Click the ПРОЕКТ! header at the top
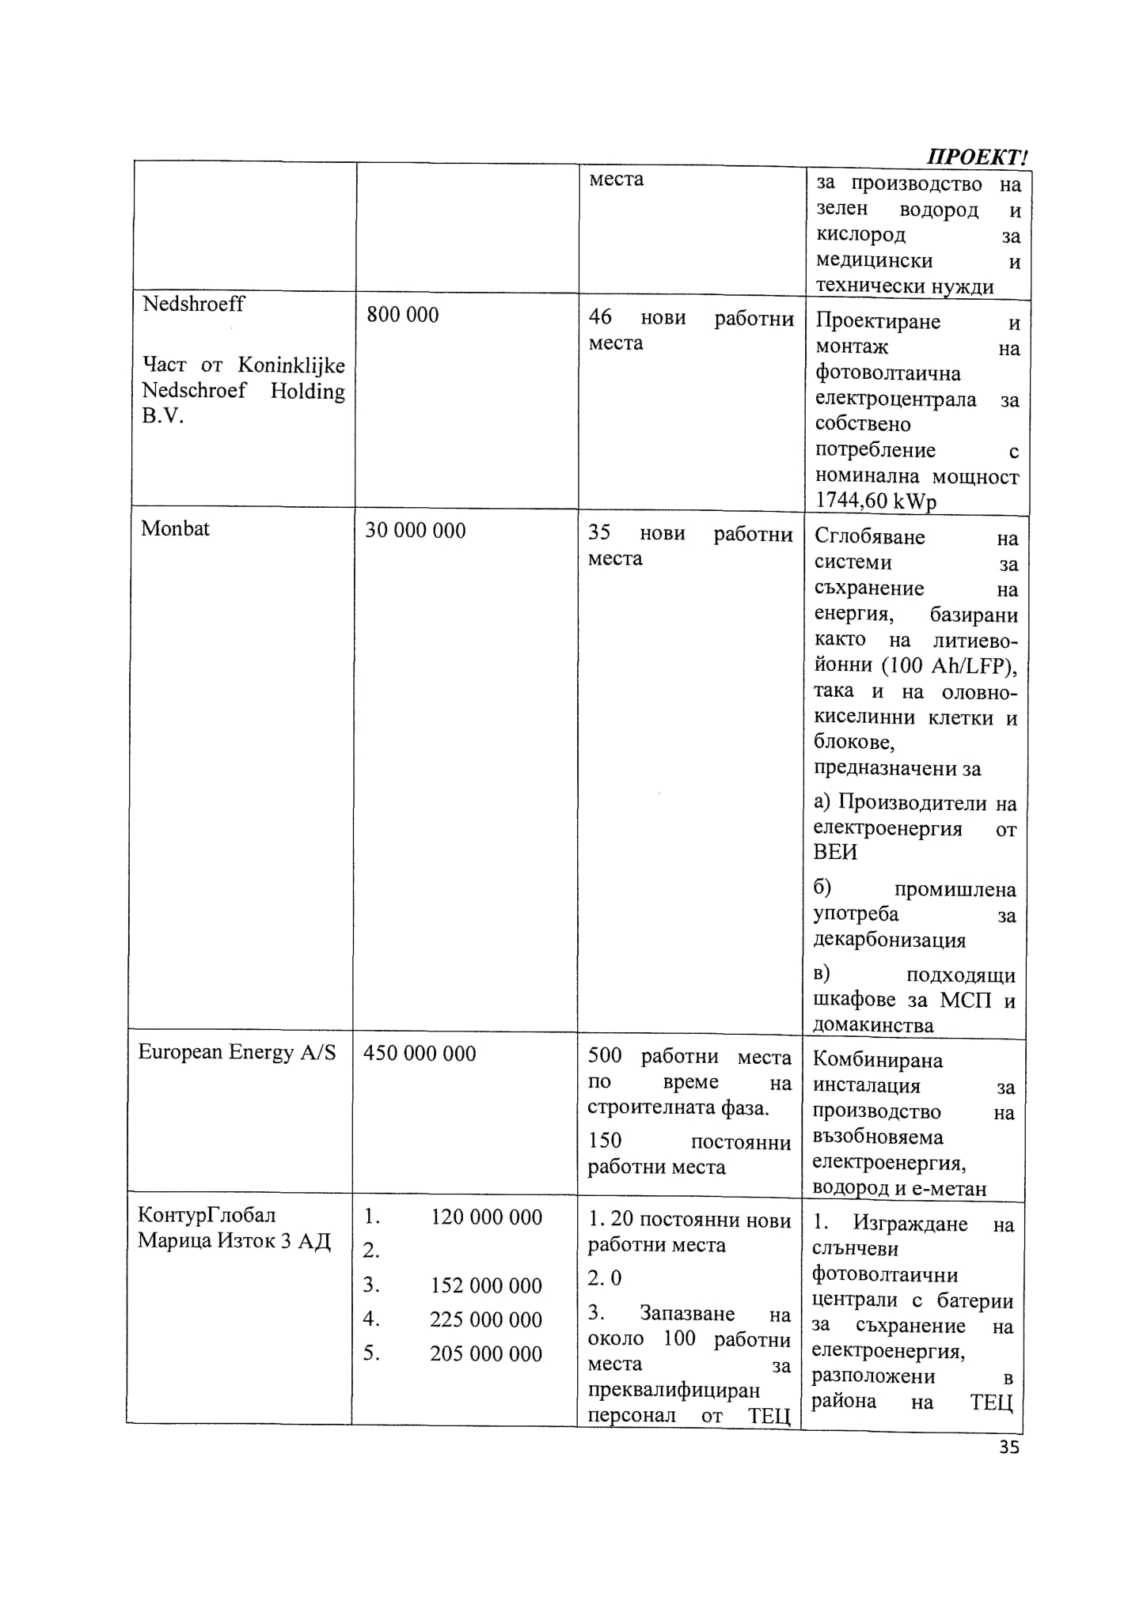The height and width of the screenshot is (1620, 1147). coord(978,156)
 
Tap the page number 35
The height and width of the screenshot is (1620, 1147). coord(1008,1448)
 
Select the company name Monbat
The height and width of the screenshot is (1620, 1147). coord(175,528)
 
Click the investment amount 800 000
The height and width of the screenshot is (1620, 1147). coord(402,315)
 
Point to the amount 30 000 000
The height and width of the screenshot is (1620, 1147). coord(415,530)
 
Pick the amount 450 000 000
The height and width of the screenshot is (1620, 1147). coord(420,1054)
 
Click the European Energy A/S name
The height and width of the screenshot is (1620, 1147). coord(237,1052)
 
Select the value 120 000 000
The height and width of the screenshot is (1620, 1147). coord(486,1217)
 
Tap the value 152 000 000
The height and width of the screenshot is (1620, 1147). coord(486,1285)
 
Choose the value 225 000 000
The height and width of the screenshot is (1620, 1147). coord(486,1319)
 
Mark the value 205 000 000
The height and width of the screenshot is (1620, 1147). coord(486,1353)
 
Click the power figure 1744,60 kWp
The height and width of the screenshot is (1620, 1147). coord(875,501)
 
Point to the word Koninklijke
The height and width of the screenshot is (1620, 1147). coord(291,365)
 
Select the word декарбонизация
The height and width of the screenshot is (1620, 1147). coord(890,940)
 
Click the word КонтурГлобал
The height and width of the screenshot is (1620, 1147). coord(207,1214)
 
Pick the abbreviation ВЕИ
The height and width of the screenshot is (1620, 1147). coord(835,852)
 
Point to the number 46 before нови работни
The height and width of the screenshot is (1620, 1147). coord(600,316)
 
